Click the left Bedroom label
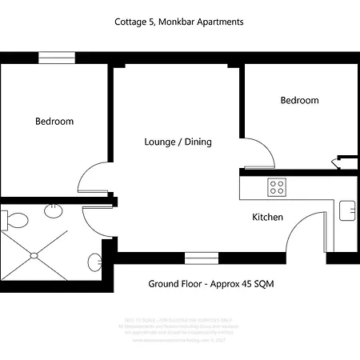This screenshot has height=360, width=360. tap(54, 122)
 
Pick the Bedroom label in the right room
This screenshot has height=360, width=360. tap(299, 100)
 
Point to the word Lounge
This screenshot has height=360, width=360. tap(162, 142)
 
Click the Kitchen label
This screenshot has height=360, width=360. tap(267, 217)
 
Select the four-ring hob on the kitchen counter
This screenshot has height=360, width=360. tap(277, 188)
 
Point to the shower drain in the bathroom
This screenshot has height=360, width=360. tap(33, 256)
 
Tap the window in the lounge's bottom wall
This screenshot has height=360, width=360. tap(196, 258)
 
